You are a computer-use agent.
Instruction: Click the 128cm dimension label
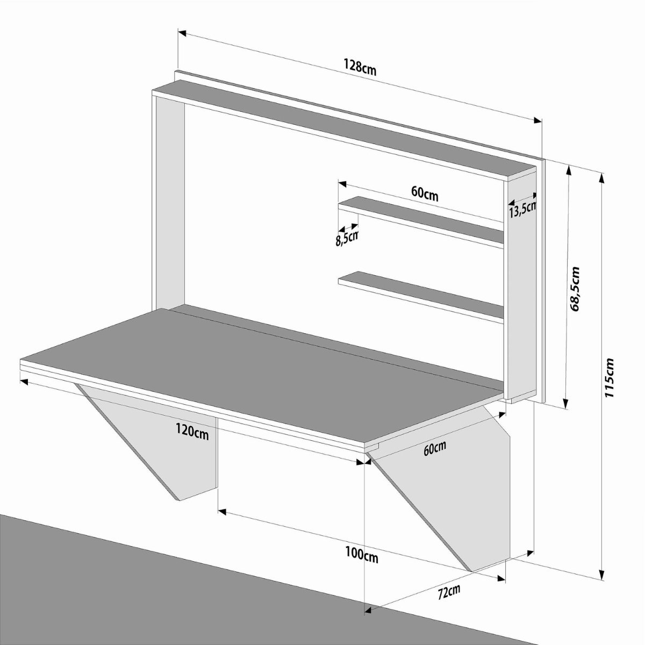[360, 67]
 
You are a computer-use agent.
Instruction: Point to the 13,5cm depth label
[522, 210]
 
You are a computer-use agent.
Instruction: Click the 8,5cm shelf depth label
[347, 239]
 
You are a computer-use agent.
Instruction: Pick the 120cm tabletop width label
[192, 434]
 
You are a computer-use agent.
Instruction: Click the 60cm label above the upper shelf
[425, 194]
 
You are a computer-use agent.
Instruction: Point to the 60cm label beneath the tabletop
[434, 448]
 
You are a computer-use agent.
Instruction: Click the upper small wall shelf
[421, 222]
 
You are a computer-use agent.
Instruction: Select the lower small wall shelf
[421, 297]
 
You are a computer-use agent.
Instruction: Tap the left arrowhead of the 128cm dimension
[182, 33]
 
